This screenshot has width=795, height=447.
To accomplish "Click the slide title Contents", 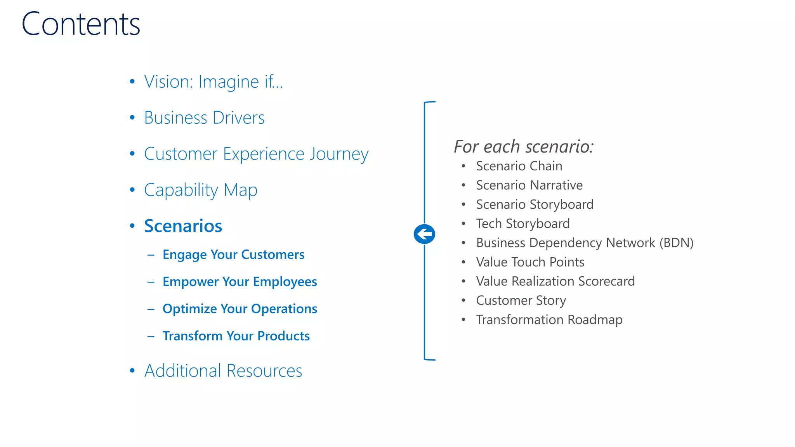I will (x=81, y=24).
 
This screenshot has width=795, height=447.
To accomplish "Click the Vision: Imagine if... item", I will (x=213, y=82).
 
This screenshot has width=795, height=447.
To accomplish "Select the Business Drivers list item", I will (x=204, y=118).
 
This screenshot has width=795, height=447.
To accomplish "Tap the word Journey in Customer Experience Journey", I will (x=338, y=154).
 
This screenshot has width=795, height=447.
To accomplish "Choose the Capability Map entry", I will (x=200, y=190).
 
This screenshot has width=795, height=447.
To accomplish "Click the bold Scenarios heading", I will (x=183, y=226).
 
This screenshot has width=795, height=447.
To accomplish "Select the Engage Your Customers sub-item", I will (x=233, y=255).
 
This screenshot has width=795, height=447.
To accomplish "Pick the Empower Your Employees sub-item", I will (x=240, y=282).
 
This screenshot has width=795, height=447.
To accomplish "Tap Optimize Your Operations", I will (x=240, y=309).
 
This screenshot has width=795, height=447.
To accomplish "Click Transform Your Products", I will (x=236, y=336).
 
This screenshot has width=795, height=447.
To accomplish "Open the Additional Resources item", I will (x=223, y=371).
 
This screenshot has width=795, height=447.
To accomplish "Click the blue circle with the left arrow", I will (x=424, y=234).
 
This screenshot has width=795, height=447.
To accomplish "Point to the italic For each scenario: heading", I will (x=524, y=147).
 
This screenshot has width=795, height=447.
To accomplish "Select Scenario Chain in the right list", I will (x=519, y=166).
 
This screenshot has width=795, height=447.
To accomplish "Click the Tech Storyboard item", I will (x=522, y=224).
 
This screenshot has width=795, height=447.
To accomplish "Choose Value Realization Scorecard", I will (x=555, y=281).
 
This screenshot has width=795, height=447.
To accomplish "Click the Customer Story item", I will (x=521, y=301).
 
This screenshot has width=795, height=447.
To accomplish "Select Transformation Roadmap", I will (x=549, y=320).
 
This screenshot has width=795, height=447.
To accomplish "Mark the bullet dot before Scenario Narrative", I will (x=463, y=185).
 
